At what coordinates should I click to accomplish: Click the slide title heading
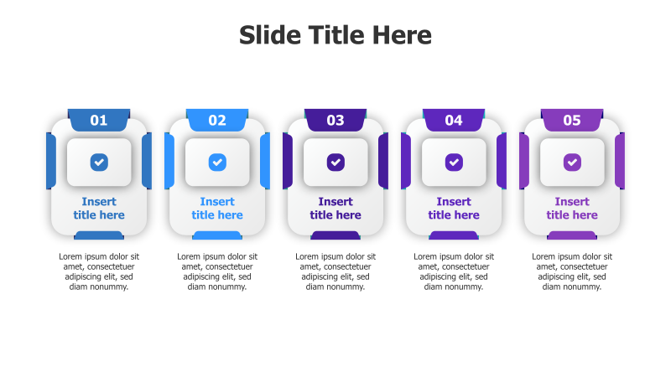click(335, 35)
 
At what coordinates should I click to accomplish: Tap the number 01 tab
click(99, 120)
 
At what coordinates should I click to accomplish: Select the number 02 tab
click(217, 120)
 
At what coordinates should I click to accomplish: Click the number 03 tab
click(335, 120)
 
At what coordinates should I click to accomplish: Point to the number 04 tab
click(454, 120)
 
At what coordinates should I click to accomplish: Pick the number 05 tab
click(572, 120)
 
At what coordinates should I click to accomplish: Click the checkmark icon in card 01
click(99, 162)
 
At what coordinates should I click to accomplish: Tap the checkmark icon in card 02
click(217, 162)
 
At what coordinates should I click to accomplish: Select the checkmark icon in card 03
click(335, 162)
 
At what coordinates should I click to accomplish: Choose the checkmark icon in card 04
click(454, 162)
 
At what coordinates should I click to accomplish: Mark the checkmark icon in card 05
click(572, 162)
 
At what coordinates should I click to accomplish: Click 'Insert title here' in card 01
click(99, 209)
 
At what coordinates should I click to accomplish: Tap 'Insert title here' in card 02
click(217, 209)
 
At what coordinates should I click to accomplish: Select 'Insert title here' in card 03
click(335, 209)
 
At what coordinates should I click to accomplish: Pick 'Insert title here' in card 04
click(454, 209)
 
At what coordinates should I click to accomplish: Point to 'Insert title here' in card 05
click(572, 209)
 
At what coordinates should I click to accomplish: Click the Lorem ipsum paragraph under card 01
click(99, 271)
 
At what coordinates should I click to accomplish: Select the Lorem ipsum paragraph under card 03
click(335, 271)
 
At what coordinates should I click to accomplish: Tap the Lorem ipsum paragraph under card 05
click(572, 271)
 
